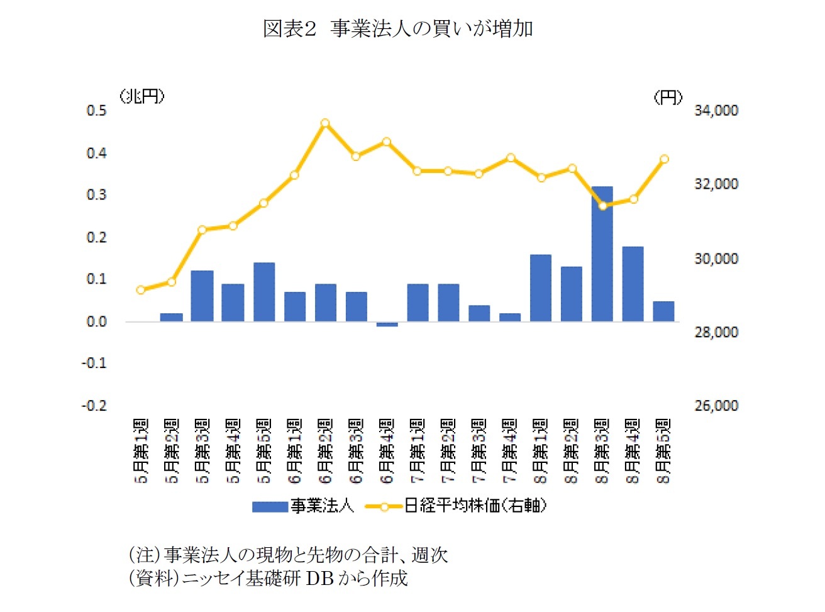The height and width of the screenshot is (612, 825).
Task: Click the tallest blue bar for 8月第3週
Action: (602, 255)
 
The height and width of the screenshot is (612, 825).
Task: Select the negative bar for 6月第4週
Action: (387, 325)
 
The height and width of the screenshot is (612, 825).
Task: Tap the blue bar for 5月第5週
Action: (264, 292)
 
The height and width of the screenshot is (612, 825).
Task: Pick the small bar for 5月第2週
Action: (172, 318)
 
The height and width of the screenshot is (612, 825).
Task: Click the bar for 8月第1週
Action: (540, 288)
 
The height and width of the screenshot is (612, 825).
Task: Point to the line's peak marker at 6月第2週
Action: (325, 123)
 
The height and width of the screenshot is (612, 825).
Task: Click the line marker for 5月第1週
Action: (141, 290)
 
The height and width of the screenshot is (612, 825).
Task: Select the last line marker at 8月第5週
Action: (664, 159)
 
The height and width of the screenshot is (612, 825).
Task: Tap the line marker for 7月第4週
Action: (511, 158)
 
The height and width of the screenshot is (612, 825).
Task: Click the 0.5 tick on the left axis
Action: (96, 111)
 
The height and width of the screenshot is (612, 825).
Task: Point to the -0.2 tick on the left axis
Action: (94, 406)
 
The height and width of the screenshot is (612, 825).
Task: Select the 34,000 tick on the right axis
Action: (716, 111)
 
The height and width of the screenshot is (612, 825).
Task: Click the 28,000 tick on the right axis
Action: (716, 332)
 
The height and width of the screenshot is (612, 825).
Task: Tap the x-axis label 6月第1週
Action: (295, 451)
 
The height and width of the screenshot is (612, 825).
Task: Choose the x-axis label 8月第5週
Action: (664, 451)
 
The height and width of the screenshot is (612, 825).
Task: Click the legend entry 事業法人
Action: (304, 506)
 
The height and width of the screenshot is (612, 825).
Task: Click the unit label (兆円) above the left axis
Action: (143, 96)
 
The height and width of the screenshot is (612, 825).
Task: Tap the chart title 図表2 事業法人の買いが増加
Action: (397, 29)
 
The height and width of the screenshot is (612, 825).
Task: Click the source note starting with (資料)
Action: (269, 578)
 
